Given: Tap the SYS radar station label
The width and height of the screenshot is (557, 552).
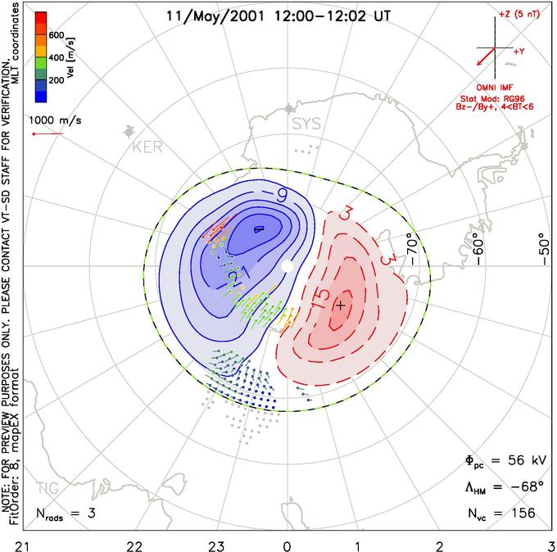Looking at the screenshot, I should (307, 124).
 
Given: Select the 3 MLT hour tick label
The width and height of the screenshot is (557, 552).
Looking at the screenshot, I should (551, 545).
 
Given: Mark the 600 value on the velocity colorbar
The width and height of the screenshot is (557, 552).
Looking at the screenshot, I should (56, 35).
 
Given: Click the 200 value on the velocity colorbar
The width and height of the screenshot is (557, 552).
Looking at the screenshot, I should (56, 80).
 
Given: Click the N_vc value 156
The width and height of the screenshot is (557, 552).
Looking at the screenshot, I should (520, 514).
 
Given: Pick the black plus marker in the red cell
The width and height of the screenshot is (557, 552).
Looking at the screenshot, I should (341, 305).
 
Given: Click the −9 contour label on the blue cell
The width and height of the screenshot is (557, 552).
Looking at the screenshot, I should (280, 197).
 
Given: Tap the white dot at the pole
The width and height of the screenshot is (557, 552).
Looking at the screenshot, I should (287, 266).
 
